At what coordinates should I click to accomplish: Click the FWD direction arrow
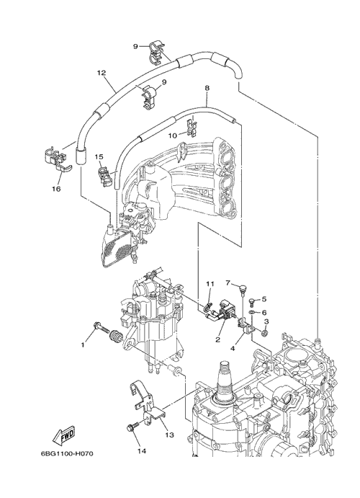click(x=64, y=435)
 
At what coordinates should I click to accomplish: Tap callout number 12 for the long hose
click(x=101, y=73)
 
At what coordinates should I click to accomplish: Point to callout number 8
click(x=207, y=88)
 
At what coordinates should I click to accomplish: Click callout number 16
click(x=57, y=189)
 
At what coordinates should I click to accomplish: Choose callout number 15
click(x=99, y=156)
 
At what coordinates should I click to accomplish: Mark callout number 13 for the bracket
click(x=170, y=435)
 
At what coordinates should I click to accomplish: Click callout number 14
click(x=141, y=450)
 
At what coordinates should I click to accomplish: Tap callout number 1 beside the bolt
click(x=83, y=344)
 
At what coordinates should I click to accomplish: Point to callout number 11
click(x=211, y=283)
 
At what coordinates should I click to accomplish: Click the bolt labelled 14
click(x=134, y=426)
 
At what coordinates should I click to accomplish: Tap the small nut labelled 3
click(x=264, y=333)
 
